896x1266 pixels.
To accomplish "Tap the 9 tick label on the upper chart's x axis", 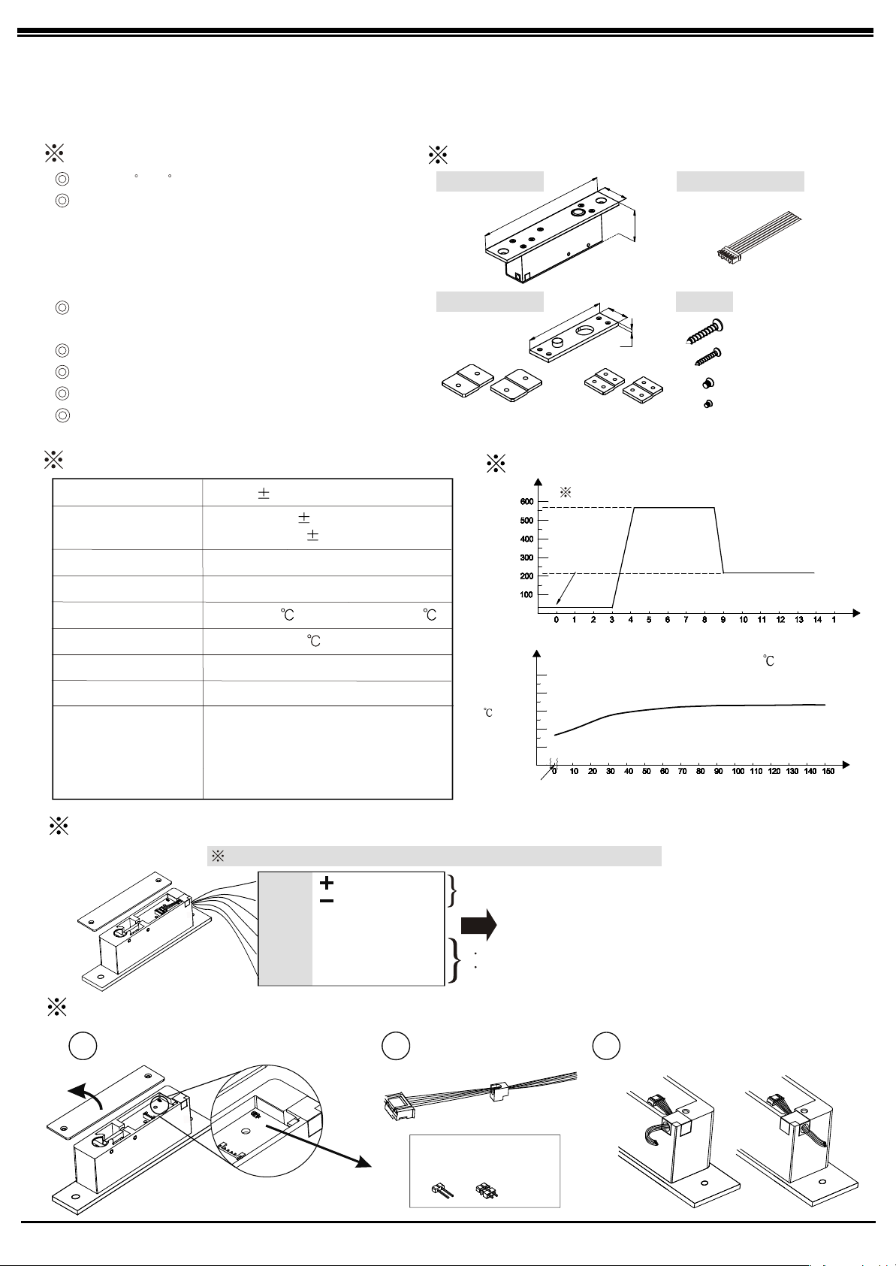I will point(724,620).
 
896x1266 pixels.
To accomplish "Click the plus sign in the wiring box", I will point(327,884).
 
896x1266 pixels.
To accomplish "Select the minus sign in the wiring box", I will point(327,901).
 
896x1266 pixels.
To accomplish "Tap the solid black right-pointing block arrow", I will point(478,926).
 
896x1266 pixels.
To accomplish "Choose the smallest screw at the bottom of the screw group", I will point(707,404).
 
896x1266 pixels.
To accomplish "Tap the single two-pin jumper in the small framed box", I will point(439,1190).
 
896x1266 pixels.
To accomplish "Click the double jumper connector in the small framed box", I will point(484,1190).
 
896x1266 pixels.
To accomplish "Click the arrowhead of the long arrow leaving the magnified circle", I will point(363,1162).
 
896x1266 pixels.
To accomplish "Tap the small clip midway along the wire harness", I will point(496,1089).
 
